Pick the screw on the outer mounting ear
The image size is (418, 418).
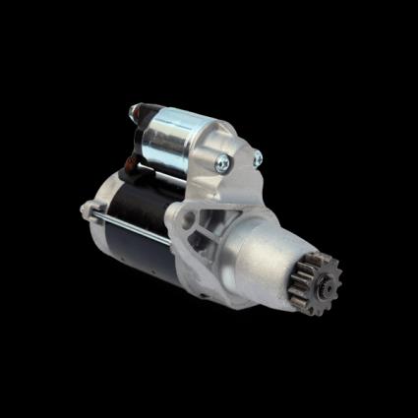pos(258,157)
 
